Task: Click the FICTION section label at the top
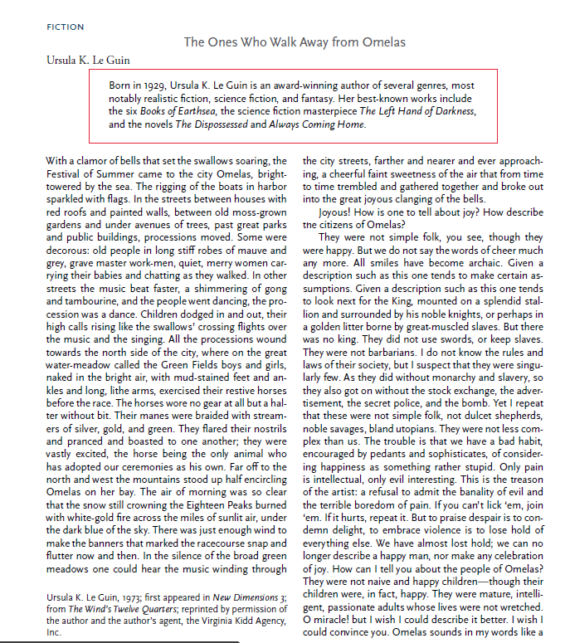(66, 27)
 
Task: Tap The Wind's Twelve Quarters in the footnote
(118, 610)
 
